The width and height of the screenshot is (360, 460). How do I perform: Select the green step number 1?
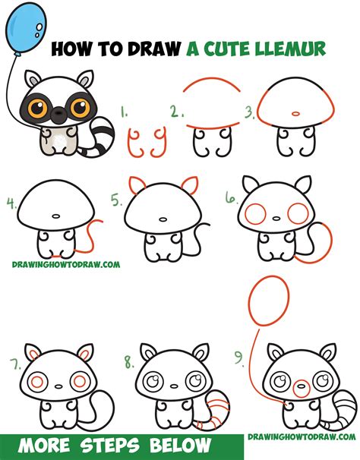(125, 116)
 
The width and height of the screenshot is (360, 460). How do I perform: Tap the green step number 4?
(11, 203)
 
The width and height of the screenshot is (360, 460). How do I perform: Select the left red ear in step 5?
(138, 185)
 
